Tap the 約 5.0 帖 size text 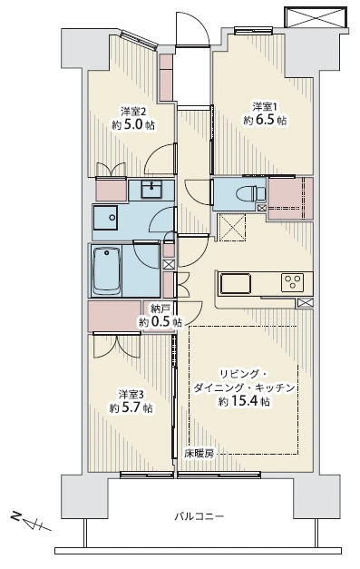[133, 126]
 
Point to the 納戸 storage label [160, 309]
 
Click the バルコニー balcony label [199, 515]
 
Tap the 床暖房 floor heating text [199, 453]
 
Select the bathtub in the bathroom [107, 270]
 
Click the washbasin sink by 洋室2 [152, 190]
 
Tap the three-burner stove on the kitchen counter [292, 282]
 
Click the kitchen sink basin [236, 283]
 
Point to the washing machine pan [105, 218]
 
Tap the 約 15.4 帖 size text [244, 402]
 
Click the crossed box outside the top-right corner [316, 16]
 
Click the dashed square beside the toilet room [232, 227]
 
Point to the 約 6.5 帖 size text [265, 120]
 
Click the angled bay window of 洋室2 [139, 40]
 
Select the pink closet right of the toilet [289, 198]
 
